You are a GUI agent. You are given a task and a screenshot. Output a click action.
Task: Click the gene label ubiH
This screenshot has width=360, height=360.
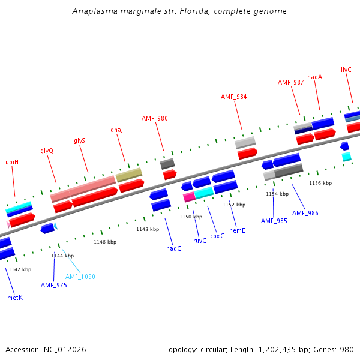(12, 162)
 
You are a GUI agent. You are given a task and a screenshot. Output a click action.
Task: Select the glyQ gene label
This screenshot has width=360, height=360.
(47, 151)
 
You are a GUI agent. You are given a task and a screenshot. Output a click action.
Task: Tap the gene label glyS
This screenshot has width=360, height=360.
(79, 140)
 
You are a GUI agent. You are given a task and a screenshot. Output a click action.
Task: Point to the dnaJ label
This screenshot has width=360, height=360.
(116, 130)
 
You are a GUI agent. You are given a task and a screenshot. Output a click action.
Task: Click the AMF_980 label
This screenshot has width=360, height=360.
(155, 118)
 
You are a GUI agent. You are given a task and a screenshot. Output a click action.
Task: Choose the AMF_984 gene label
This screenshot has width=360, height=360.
(233, 97)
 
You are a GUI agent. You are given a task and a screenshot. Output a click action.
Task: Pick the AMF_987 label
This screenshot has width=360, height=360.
(290, 82)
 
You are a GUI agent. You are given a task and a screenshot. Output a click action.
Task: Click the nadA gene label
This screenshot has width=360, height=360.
(314, 77)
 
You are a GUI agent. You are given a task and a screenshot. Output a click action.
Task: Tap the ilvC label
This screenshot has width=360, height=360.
(346, 70)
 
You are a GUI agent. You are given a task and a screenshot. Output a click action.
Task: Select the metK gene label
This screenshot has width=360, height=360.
(14, 298)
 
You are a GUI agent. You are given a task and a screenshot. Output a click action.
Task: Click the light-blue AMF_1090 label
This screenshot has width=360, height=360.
(80, 277)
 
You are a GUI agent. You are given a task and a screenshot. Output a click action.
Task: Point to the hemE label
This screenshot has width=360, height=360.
(237, 230)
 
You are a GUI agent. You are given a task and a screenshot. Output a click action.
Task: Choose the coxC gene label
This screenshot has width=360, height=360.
(217, 236)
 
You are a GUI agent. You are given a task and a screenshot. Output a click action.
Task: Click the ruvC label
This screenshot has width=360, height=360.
(199, 241)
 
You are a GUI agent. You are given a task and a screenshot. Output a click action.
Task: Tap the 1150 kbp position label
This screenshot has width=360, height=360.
(191, 217)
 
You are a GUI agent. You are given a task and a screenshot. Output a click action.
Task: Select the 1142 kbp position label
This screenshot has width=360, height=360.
(20, 269)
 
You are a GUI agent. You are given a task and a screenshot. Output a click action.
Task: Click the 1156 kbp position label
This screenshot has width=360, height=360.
(320, 183)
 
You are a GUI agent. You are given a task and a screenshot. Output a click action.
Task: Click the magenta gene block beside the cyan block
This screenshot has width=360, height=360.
(188, 197)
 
